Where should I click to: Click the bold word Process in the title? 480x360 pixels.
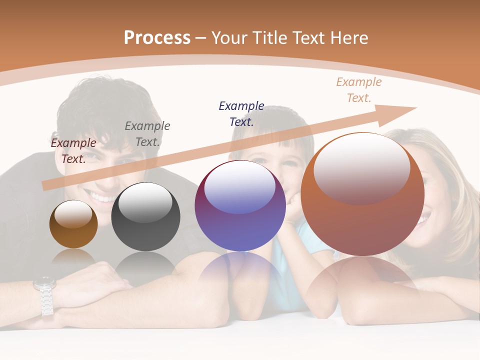pyautogui.click(x=157, y=38)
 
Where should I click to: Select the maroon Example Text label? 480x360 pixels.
pyautogui.click(x=73, y=150)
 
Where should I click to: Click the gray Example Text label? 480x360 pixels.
pyautogui.click(x=147, y=133)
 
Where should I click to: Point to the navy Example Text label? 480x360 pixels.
pyautogui.click(x=241, y=113)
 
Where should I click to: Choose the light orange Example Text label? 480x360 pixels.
pyautogui.click(x=358, y=89)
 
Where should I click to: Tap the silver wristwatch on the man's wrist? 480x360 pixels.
pyautogui.click(x=45, y=295)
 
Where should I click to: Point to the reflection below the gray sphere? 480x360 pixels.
pyautogui.click(x=145, y=265)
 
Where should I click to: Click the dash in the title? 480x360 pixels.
pyautogui.click(x=201, y=38)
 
